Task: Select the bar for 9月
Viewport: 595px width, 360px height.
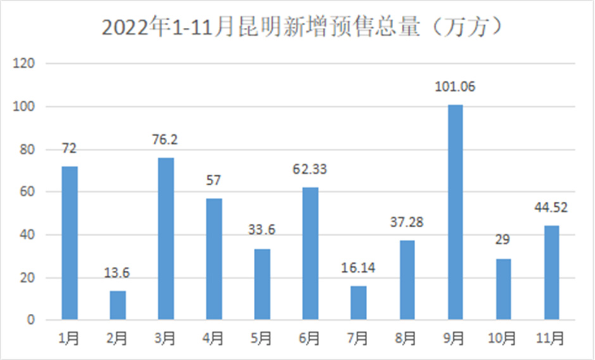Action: (455, 212)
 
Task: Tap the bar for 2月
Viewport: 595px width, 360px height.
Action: (118, 305)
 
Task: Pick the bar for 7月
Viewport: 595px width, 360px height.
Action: (358, 302)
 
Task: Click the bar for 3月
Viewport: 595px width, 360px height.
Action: (166, 239)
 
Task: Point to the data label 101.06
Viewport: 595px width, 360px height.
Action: (455, 87)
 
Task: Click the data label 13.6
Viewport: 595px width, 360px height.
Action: (118, 273)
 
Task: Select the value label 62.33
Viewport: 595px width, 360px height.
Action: (310, 170)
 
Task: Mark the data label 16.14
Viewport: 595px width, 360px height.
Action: (358, 268)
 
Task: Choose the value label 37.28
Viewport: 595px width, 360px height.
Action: (406, 223)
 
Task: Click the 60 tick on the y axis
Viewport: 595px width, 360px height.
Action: (28, 192)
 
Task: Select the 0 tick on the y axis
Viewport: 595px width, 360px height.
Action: (30, 321)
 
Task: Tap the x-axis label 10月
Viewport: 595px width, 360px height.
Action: (503, 339)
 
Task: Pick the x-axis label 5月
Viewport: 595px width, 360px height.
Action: (262, 339)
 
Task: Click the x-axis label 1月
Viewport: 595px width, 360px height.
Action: (70, 339)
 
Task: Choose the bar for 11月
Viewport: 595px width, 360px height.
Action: (551, 272)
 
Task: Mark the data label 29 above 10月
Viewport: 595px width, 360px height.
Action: (503, 240)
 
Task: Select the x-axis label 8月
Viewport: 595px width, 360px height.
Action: (406, 339)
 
